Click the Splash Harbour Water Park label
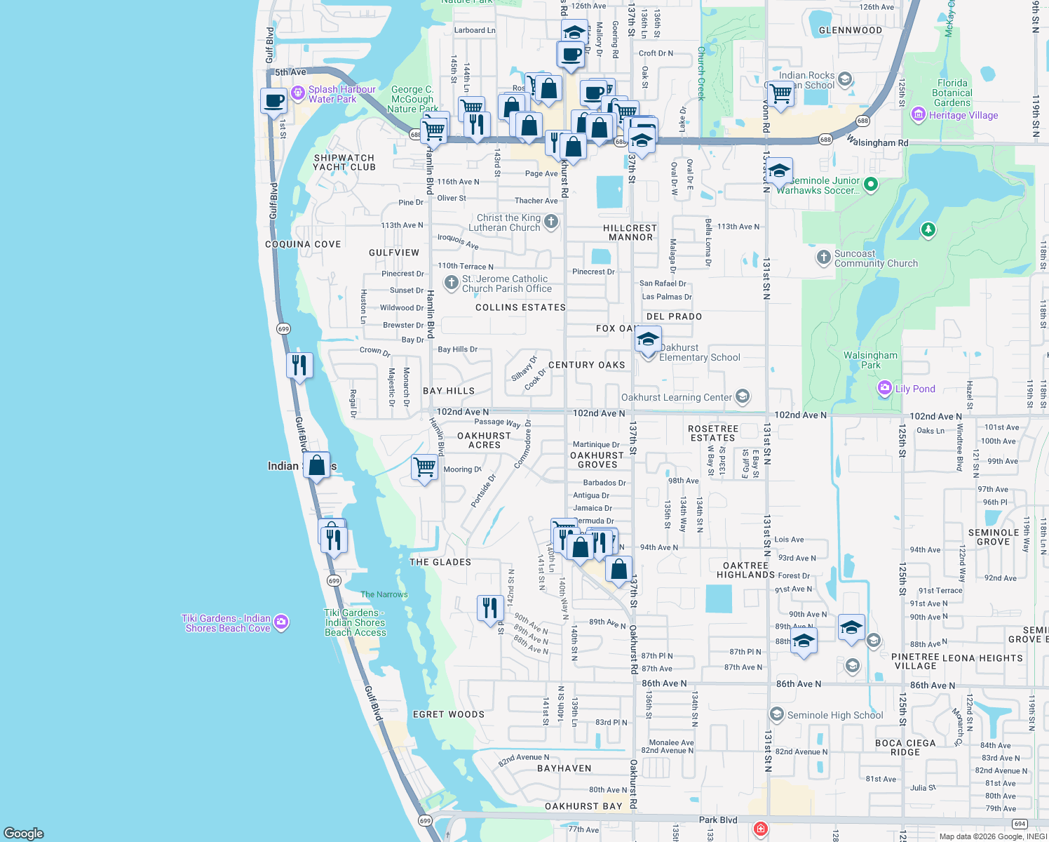pyautogui.click(x=341, y=94)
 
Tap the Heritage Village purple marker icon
pyautogui.click(x=918, y=114)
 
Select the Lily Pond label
pyautogui.click(x=915, y=389)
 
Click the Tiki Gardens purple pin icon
pyautogui.click(x=281, y=622)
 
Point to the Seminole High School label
pyautogui.click(x=834, y=715)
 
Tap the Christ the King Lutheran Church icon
pyautogui.click(x=551, y=222)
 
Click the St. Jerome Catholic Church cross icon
pyautogui.click(x=452, y=283)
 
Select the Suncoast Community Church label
pyautogui.click(x=876, y=258)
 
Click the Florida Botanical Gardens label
pyautogui.click(x=952, y=93)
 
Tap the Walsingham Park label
pyautogui.click(x=870, y=360)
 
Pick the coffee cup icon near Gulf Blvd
pyautogui.click(x=274, y=100)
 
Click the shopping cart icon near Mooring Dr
pyautogui.click(x=424, y=467)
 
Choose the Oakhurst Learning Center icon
pyautogui.click(x=743, y=396)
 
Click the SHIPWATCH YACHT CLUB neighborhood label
pyautogui.click(x=344, y=163)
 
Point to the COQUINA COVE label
pyautogui.click(x=303, y=244)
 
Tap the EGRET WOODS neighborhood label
pyautogui.click(x=449, y=714)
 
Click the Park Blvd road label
pyautogui.click(x=718, y=820)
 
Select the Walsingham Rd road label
pyautogui.click(x=877, y=142)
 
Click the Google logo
pyautogui.click(x=24, y=834)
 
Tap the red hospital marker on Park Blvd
pyautogui.click(x=761, y=829)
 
